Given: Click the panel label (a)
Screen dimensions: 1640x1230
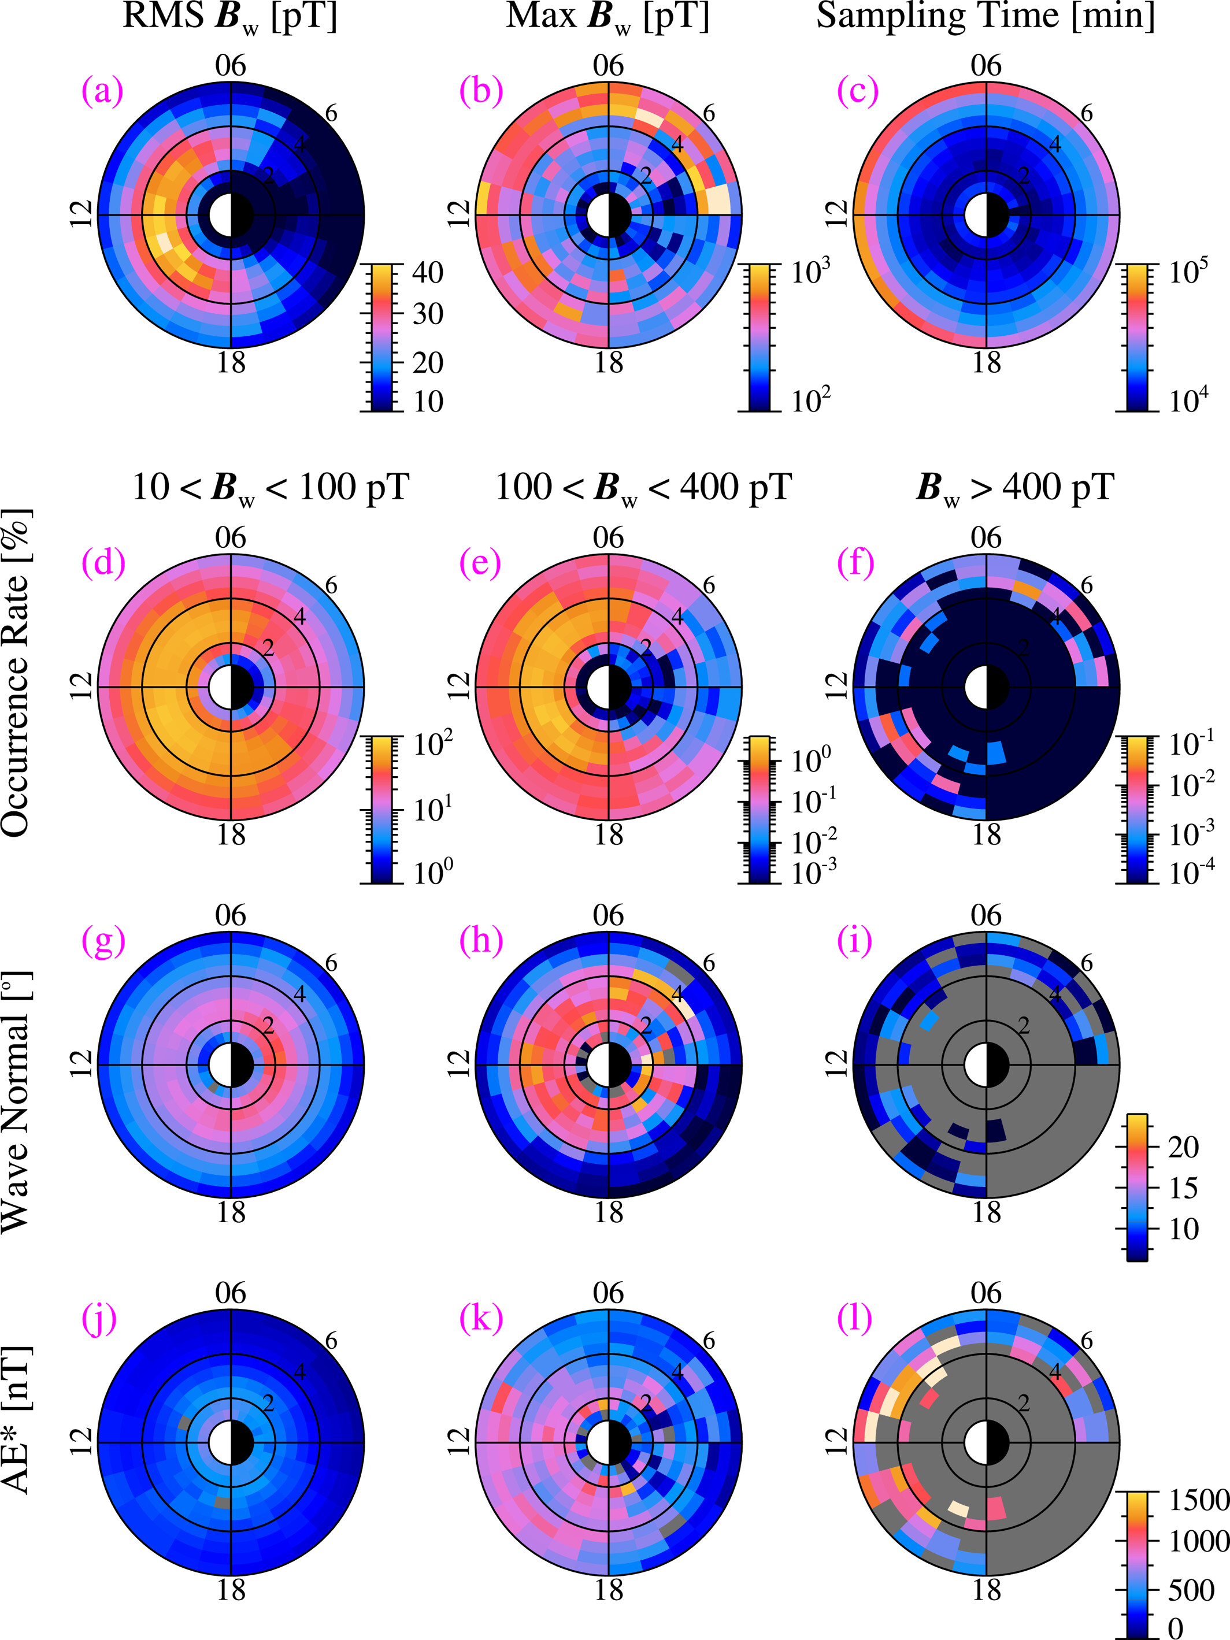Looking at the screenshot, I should coord(103,91).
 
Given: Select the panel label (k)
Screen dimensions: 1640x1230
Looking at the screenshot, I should coord(480,1318).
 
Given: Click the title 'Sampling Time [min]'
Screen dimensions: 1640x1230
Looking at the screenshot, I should coord(986,16).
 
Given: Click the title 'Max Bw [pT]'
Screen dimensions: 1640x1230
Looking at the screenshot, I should coord(607,16).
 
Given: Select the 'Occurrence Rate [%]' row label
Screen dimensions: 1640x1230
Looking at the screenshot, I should coord(16,673).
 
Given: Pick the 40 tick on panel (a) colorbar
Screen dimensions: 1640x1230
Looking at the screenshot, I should coord(427,272).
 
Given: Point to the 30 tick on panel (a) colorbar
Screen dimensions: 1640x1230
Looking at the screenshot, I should coord(427,314).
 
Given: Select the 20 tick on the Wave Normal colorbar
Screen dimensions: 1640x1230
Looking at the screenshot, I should coord(1183,1146).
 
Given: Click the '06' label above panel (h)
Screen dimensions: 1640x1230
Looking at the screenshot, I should coord(608,917).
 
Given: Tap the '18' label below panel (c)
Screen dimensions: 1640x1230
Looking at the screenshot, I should coord(986,362).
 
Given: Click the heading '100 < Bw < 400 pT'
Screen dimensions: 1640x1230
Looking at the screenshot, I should coord(643,488).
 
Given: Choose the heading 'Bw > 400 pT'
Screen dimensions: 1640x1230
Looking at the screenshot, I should coord(1014,488).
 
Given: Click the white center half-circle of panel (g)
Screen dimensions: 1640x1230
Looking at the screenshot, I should coord(220,1064).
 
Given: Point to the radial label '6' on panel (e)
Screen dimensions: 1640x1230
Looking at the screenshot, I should coord(709,586).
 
